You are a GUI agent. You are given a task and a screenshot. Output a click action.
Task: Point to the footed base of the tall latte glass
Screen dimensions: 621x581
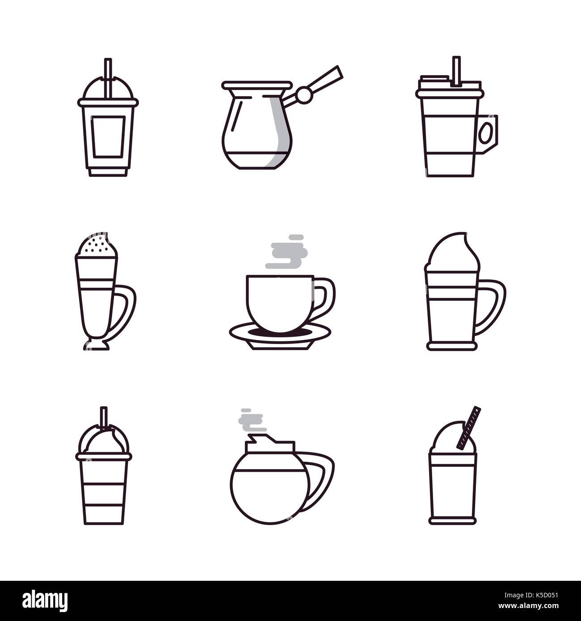pyautogui.click(x=96, y=344)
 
